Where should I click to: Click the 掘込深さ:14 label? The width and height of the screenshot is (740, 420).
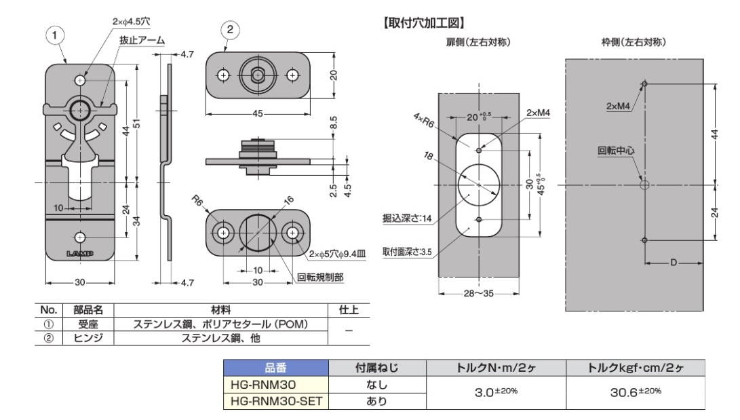(407, 218)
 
